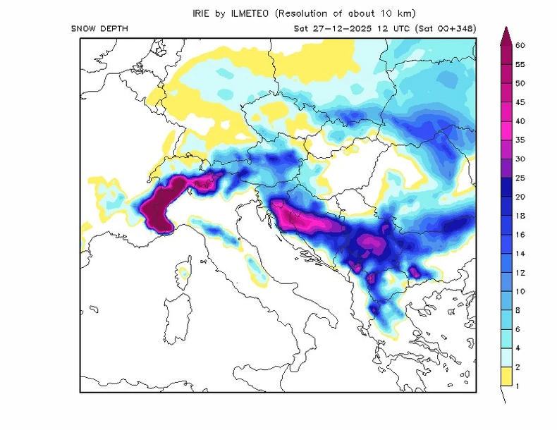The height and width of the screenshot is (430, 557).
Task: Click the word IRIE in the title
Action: pos(202,13)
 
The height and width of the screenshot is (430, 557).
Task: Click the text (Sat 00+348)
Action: pos(446,28)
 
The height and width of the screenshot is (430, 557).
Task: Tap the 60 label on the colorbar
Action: pos(520,45)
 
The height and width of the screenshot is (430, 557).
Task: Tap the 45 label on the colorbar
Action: pos(520,102)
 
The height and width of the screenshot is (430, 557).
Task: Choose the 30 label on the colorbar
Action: pos(520,159)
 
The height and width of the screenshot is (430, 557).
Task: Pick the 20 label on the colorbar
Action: pos(520,197)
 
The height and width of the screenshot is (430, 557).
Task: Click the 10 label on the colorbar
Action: pos(520,291)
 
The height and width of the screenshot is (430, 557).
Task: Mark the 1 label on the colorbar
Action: pos(518,386)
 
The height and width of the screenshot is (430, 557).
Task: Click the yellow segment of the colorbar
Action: pos(505,376)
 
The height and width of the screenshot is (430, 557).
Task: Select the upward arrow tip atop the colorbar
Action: pos(505,31)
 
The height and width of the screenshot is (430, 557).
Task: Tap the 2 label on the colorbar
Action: pos(518,367)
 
